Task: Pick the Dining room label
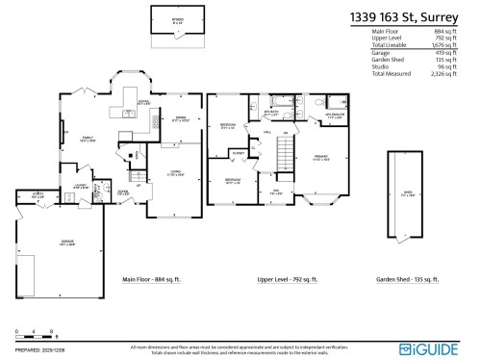tap(180, 119)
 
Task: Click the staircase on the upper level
tap(285, 152)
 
